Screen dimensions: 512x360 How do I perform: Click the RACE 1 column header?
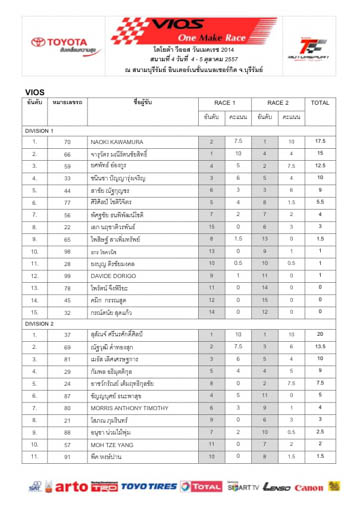(x=224, y=102)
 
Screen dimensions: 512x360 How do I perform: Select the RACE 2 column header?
(x=278, y=102)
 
